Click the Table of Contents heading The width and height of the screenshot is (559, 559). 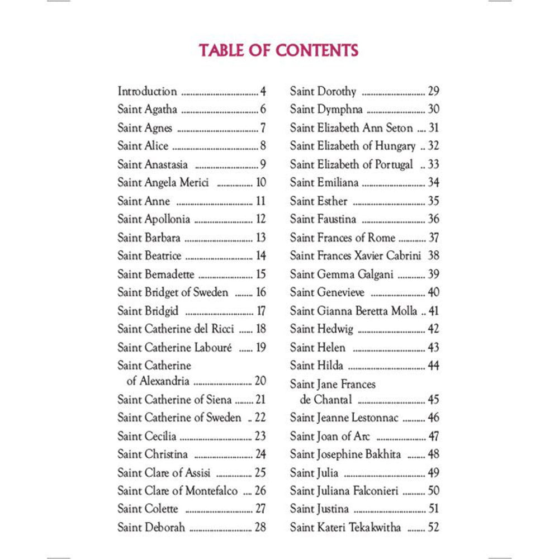coord(278,50)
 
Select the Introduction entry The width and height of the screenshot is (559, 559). coord(147,91)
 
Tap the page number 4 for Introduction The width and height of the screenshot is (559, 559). coord(263,91)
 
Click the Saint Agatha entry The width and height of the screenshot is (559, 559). coord(147,110)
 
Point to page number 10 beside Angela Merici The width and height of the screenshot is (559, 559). coord(260,182)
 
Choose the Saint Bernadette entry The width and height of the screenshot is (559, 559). coord(156,274)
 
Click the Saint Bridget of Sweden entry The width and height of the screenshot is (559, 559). coord(173,292)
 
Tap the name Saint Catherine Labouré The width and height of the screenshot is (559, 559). coord(176,347)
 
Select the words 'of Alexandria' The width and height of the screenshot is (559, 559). coord(158,381)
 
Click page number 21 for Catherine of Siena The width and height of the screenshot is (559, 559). coord(260,400)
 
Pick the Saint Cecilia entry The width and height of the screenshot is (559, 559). coord(146,436)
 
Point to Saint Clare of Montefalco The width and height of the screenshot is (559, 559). coord(177,491)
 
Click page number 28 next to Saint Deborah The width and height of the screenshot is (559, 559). coord(260,527)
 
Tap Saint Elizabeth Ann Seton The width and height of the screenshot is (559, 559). coord(351,128)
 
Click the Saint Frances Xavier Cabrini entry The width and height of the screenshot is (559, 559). coord(357,255)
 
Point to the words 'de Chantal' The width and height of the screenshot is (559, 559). coord(326,400)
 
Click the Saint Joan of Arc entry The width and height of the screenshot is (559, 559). coord(330,436)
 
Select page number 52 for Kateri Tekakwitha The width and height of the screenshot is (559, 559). coord(433,527)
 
